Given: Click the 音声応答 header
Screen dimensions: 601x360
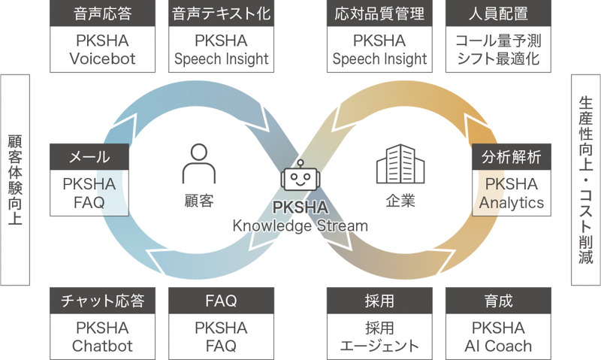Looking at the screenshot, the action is coord(102,14).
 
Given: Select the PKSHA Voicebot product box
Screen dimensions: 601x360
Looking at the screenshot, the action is coord(102,50).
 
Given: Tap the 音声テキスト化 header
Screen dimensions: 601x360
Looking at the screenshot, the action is coord(221,14).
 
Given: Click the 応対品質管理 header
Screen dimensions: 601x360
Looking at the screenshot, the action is coord(379,14).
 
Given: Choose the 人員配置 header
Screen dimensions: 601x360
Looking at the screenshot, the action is coord(498,14).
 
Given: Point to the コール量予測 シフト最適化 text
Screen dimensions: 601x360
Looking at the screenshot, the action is coord(498,50).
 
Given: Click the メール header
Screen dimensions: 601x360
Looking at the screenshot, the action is coord(89,157).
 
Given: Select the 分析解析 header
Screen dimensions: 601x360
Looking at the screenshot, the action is coord(512,157).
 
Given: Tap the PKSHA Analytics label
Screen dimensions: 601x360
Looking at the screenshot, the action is coord(512,193).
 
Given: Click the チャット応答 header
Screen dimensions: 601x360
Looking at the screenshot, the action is coord(102,301).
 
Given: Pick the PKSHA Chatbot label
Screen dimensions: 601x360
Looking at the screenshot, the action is coord(102,337).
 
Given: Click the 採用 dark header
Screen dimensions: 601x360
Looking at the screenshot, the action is coord(379,301).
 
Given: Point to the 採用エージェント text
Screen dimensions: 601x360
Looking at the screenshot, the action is coord(379,337).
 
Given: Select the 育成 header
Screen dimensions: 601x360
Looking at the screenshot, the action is coord(498,301).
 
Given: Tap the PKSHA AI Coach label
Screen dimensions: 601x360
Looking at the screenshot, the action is coord(498,337).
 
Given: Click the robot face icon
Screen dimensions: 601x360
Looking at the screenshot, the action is coord(300,175).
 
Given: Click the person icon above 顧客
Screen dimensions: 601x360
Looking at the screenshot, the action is coord(199,164).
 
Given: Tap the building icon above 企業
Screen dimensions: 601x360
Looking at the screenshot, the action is coord(400,164).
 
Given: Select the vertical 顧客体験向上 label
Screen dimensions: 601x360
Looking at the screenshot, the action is coord(15,180).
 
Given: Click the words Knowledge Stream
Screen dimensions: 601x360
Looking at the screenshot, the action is coord(300,225).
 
